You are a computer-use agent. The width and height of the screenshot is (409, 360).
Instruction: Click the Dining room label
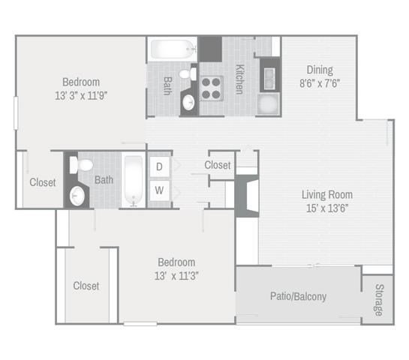click(x=320, y=70)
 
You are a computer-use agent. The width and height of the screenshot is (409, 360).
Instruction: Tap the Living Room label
click(x=327, y=195)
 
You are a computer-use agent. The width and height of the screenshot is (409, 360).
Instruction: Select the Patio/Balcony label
click(x=298, y=296)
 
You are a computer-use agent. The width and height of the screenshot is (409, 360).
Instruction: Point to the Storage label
click(x=380, y=300)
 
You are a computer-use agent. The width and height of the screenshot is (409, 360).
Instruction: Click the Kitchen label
click(x=239, y=79)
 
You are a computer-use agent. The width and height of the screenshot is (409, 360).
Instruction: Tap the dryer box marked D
click(x=159, y=166)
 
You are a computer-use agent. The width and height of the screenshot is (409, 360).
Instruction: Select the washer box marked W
click(x=159, y=190)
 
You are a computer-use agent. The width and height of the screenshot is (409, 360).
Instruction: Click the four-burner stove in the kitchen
click(x=212, y=88)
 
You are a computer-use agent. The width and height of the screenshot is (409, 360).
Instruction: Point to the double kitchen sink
click(x=269, y=78)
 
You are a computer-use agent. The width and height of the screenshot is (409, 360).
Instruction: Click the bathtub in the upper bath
click(x=173, y=49)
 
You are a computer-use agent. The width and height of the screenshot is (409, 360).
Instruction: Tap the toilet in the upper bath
click(x=188, y=74)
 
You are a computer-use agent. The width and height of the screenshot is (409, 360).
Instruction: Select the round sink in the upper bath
click(x=188, y=102)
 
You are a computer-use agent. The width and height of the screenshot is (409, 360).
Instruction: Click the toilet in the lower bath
click(x=81, y=165)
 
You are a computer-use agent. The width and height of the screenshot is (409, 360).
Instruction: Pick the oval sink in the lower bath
click(x=77, y=196)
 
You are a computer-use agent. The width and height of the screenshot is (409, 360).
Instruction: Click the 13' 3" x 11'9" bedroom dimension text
click(x=81, y=96)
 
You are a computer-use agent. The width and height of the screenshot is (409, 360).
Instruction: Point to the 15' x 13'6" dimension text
click(x=327, y=208)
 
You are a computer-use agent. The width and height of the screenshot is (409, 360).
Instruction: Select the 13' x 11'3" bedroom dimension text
click(x=176, y=276)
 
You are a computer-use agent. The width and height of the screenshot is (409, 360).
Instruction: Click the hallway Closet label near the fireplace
click(x=218, y=165)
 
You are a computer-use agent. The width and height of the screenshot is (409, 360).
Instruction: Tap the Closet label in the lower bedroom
click(x=86, y=286)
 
